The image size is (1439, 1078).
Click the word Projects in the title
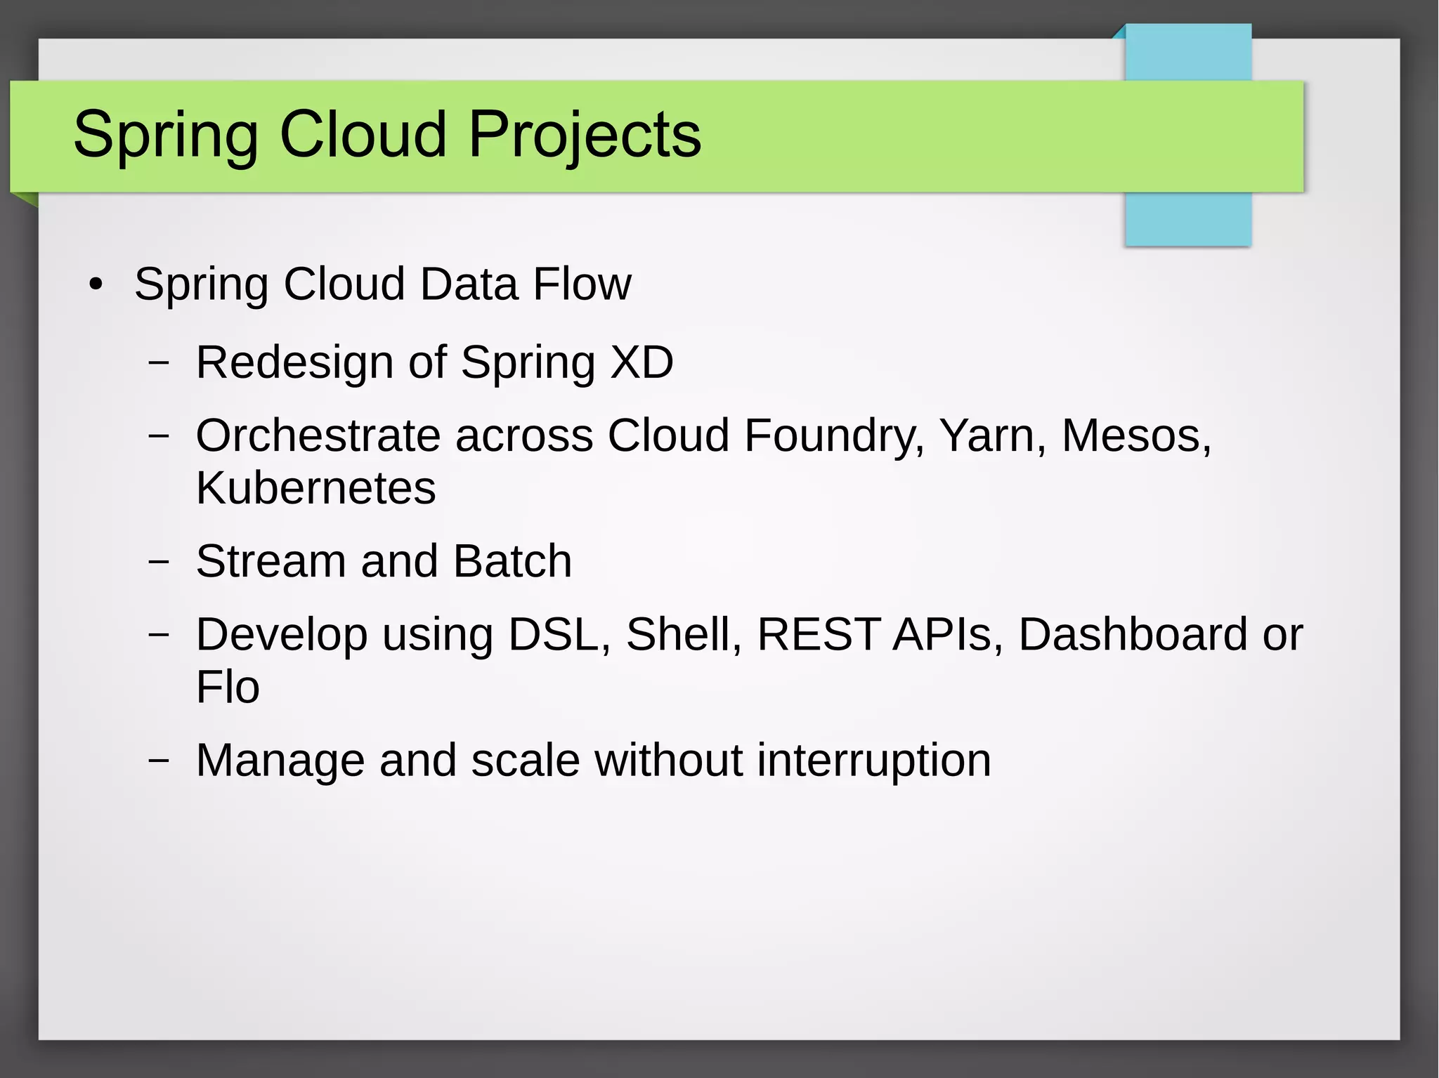[584, 135]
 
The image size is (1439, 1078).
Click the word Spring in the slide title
[166, 135]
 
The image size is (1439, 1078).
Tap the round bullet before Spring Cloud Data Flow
[96, 285]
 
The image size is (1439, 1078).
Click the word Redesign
[294, 363]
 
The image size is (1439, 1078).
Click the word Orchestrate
[318, 435]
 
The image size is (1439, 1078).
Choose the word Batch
[512, 561]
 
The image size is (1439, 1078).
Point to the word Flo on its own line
[228, 687]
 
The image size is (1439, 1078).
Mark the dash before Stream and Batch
[159, 561]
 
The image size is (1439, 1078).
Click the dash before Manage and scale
[159, 760]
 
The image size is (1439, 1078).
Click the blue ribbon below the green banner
[1187, 219]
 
